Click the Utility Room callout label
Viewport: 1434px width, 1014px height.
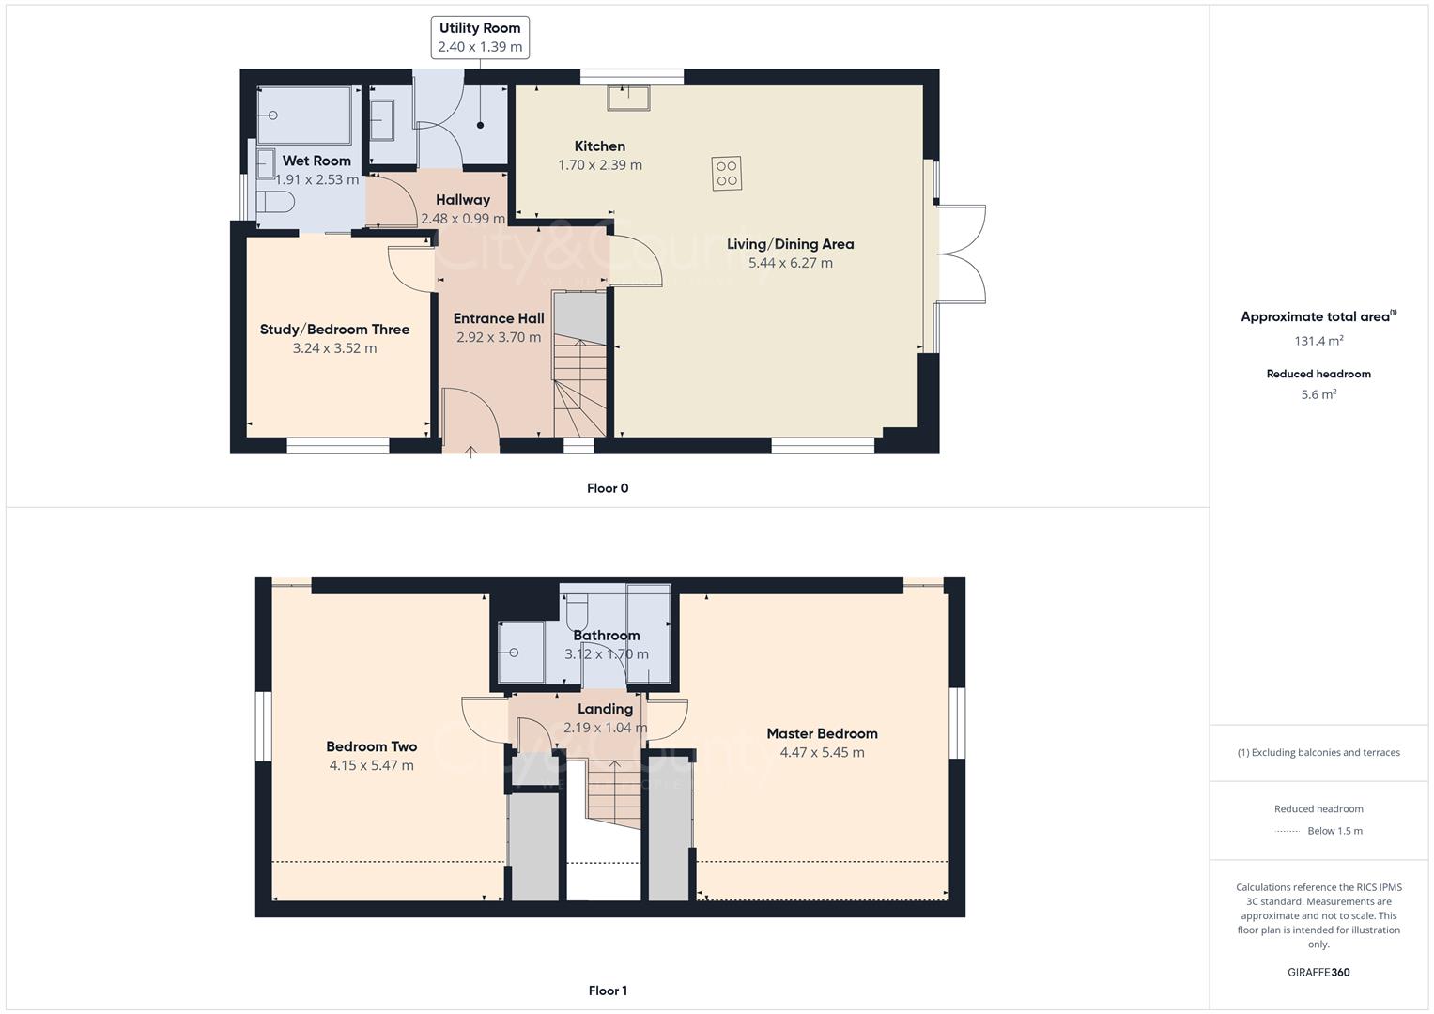pyautogui.click(x=479, y=38)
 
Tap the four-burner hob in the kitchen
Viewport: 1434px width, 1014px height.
pyautogui.click(x=727, y=174)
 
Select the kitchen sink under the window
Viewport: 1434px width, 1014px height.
pyautogui.click(x=629, y=98)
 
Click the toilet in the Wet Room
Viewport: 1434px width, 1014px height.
pyautogui.click(x=276, y=202)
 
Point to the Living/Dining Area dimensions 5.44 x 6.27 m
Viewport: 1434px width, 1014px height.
pyautogui.click(x=790, y=263)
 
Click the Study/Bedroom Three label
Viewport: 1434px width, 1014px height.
pyautogui.click(x=334, y=330)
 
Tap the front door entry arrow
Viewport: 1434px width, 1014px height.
pyautogui.click(x=470, y=452)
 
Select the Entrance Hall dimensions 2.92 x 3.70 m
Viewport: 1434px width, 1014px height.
pyautogui.click(x=498, y=337)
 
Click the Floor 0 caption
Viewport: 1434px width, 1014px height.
pyautogui.click(x=608, y=488)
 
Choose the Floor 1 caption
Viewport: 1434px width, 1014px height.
pyautogui.click(x=608, y=991)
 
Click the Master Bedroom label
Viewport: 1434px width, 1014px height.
pyautogui.click(x=822, y=733)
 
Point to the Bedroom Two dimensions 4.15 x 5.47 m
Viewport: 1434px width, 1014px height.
pyautogui.click(x=371, y=765)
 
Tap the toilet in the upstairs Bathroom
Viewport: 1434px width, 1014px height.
pyautogui.click(x=577, y=611)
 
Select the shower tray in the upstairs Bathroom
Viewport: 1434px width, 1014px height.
pyautogui.click(x=520, y=652)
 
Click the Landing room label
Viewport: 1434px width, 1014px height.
pyautogui.click(x=605, y=709)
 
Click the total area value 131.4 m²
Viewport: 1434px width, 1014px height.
pyautogui.click(x=1318, y=341)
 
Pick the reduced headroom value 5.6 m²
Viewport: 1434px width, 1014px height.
pyautogui.click(x=1318, y=394)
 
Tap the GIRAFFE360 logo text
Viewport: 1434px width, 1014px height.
pyautogui.click(x=1318, y=972)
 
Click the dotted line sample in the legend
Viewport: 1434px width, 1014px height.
pyautogui.click(x=1288, y=831)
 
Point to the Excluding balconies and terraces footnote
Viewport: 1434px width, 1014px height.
pyautogui.click(x=1318, y=752)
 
